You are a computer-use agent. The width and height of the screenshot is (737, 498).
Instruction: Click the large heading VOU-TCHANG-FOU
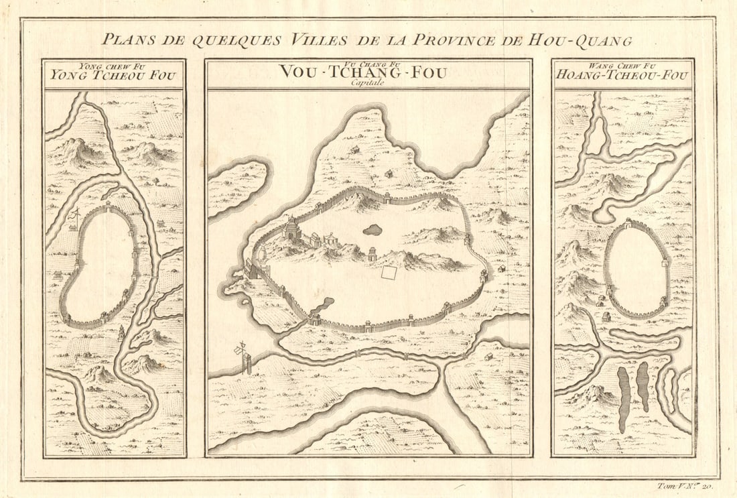pyautogui.click(x=362, y=72)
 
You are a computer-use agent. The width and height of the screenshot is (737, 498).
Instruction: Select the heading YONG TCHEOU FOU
pyautogui.click(x=113, y=76)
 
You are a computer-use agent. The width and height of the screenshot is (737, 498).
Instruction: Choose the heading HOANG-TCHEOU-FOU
pyautogui.click(x=622, y=76)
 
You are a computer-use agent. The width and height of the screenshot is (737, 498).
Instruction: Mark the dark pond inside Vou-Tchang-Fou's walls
pyautogui.click(x=373, y=230)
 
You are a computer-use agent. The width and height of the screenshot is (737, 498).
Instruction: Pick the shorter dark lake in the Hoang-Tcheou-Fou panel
pyautogui.click(x=643, y=386)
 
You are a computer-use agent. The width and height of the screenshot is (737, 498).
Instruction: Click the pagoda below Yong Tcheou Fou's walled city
pyautogui.click(x=121, y=332)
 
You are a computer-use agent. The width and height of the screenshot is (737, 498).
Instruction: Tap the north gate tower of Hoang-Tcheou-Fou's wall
pyautogui.click(x=628, y=223)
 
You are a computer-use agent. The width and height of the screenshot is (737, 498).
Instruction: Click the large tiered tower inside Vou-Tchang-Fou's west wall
pyautogui.click(x=292, y=229)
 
